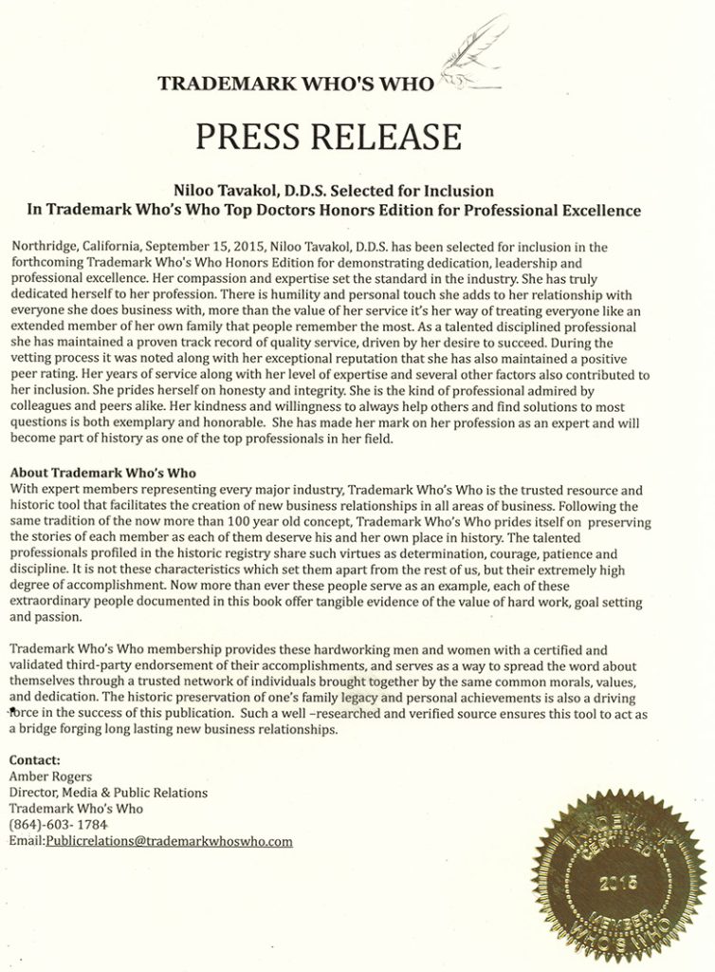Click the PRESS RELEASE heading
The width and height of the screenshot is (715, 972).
click(x=328, y=137)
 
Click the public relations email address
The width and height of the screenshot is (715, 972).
click(x=169, y=841)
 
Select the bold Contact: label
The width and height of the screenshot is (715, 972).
click(x=34, y=760)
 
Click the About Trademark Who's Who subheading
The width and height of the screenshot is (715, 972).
click(x=103, y=474)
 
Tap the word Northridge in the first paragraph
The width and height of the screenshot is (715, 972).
click(x=41, y=247)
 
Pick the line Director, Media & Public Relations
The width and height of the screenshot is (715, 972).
click(x=108, y=793)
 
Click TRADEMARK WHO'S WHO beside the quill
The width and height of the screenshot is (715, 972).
click(x=295, y=83)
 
